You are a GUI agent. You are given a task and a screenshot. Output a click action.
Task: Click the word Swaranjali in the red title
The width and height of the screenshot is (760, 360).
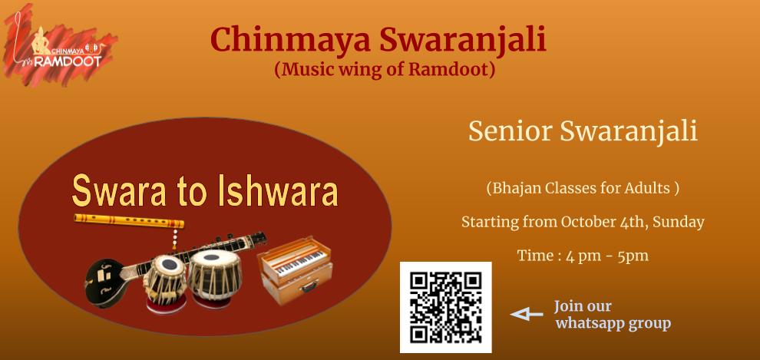point(463,40)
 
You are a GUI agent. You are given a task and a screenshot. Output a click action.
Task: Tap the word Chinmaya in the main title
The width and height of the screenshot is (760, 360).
point(290,40)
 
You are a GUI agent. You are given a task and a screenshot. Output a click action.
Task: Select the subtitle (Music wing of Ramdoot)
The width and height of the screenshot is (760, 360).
point(385,69)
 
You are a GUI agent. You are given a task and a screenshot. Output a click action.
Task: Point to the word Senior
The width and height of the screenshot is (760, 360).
point(511,131)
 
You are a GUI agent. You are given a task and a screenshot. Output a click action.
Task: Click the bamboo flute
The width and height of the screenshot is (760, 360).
point(129,221)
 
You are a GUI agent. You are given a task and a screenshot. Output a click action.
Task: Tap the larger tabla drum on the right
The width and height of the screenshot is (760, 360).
point(214,278)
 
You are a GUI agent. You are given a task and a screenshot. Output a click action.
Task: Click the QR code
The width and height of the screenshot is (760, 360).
point(445,307)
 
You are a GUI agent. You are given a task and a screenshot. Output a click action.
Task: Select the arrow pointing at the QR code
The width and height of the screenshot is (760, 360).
point(527,315)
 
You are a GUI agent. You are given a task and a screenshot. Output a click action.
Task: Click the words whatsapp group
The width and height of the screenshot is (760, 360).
point(613,323)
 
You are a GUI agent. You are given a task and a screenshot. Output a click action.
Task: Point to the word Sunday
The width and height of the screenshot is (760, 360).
point(678,223)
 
